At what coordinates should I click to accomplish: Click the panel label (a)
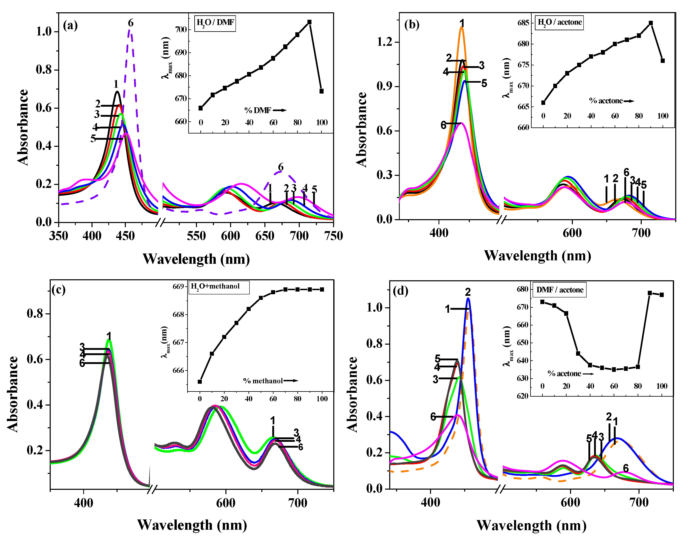click(70, 25)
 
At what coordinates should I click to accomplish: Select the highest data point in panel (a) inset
click(309, 22)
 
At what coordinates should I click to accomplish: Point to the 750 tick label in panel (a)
click(333, 236)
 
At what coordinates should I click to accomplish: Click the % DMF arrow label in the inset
click(265, 110)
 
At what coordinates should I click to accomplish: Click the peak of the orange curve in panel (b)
click(462, 28)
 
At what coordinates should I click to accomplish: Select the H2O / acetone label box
click(559, 22)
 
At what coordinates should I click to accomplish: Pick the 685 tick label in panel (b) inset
click(523, 23)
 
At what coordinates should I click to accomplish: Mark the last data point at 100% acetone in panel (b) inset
click(663, 61)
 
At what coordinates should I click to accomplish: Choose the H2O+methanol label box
click(219, 287)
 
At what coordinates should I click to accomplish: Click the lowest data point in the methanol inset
click(200, 382)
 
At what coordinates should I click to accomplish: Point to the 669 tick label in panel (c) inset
click(178, 287)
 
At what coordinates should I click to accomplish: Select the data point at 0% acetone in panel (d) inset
click(542, 302)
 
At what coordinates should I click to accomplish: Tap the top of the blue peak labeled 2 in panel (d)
click(468, 299)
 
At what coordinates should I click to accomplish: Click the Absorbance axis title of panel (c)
click(13, 394)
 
